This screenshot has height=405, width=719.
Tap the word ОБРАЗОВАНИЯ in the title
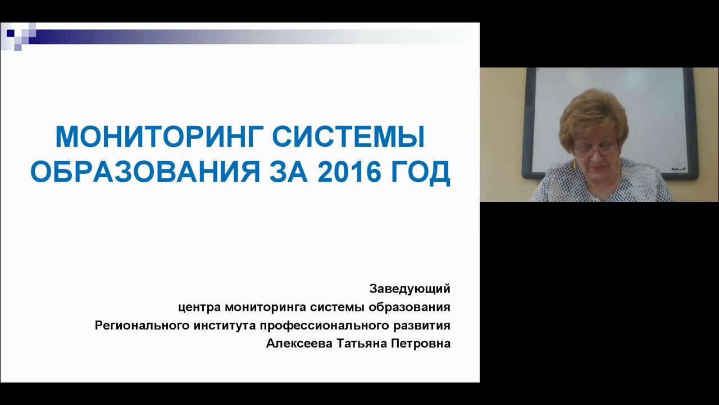tap(145, 172)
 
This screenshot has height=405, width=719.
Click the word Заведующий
tap(409, 289)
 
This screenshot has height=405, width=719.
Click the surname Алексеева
tap(298, 344)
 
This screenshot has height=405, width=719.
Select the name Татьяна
tap(360, 344)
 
